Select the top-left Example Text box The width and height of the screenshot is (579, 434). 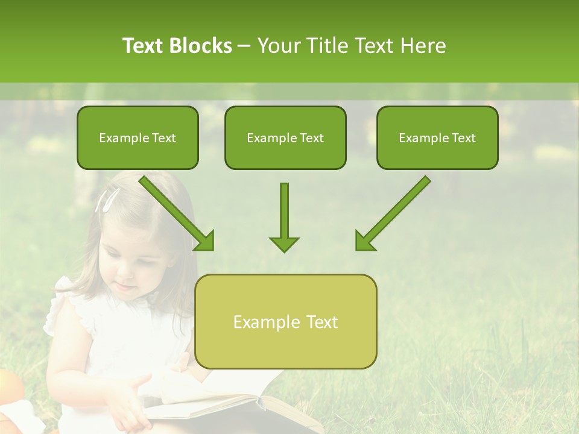(138, 137)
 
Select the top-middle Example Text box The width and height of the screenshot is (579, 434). (285, 137)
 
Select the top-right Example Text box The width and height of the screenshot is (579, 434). (437, 137)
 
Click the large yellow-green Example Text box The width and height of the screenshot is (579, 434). (285, 321)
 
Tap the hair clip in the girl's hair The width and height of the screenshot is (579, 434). (107, 200)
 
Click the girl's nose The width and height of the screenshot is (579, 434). (123, 269)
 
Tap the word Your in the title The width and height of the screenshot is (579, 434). (279, 46)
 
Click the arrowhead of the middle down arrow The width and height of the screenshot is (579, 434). (284, 244)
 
